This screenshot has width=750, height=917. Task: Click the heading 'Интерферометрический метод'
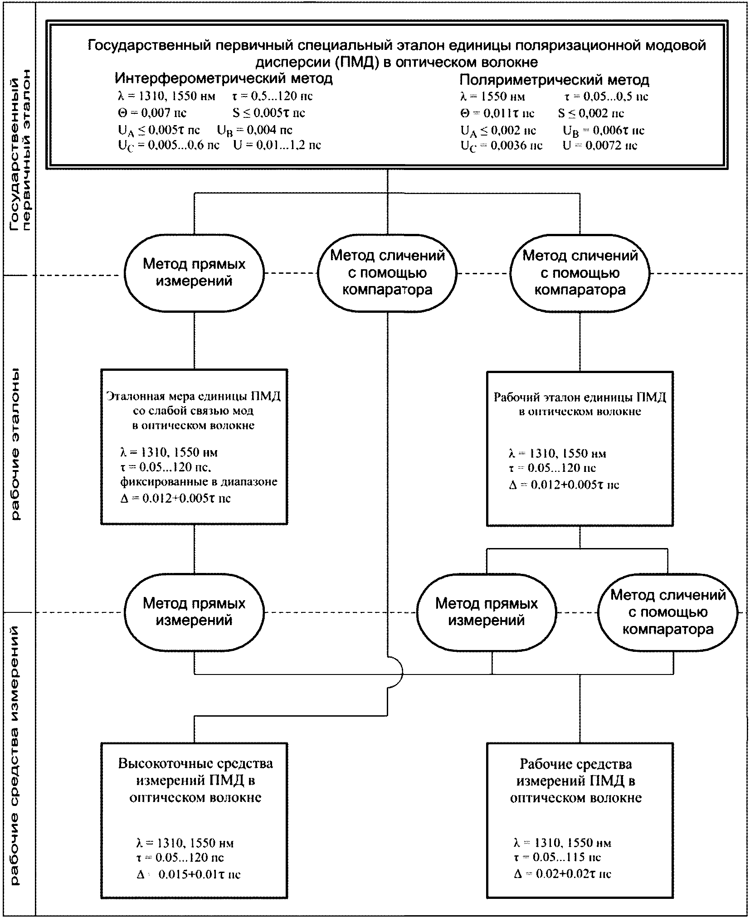(224, 78)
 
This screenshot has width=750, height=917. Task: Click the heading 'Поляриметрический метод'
(554, 80)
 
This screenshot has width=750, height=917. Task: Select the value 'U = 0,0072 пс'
(600, 146)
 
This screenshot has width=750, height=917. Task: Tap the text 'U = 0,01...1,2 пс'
(277, 145)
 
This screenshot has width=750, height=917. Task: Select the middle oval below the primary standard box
(387, 273)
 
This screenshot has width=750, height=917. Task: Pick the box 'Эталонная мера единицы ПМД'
(194, 447)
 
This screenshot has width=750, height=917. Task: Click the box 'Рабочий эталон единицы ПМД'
(580, 449)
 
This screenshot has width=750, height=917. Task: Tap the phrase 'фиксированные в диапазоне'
(199, 481)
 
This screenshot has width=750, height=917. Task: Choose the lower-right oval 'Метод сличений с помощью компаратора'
(668, 612)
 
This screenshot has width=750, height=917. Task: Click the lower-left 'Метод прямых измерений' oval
(194, 612)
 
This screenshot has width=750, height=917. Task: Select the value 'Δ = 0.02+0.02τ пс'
(563, 874)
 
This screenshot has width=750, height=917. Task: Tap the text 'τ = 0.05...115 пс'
(557, 857)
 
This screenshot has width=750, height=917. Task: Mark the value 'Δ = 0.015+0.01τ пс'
(188, 874)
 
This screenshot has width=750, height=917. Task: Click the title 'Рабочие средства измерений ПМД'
(576, 781)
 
